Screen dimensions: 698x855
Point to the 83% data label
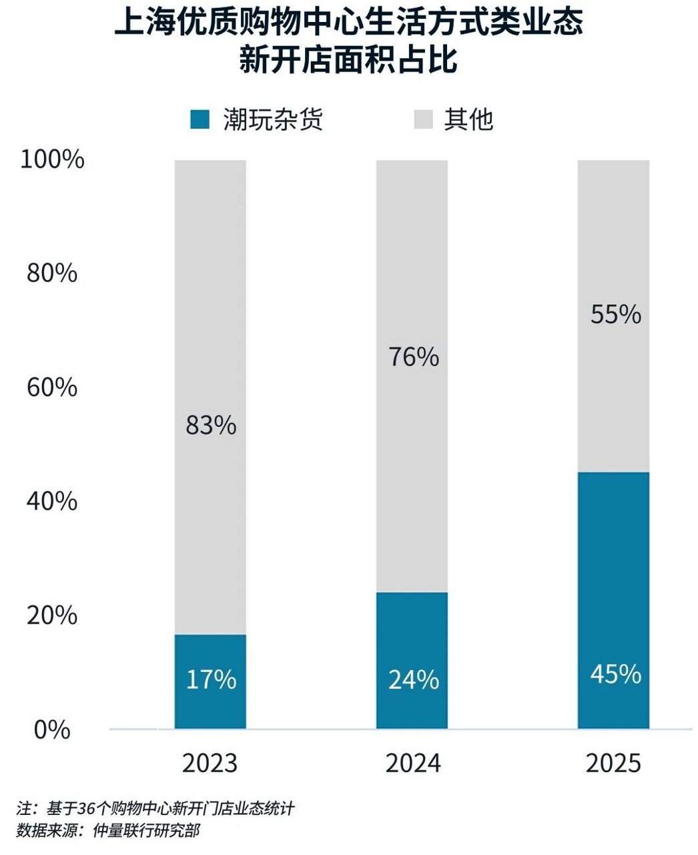coord(211,425)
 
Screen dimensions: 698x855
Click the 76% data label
coord(414,357)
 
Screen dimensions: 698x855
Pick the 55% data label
coord(616,314)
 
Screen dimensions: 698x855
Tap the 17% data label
coord(211,679)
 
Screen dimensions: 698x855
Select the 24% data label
coord(414,679)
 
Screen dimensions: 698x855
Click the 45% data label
coord(616,674)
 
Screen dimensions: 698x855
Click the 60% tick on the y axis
coord(52,387)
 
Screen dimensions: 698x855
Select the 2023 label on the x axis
coord(210,763)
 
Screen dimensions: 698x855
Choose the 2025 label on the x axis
coord(613,763)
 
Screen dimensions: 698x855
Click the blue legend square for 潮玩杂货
coord(200,120)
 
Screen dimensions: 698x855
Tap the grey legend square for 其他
coord(423,120)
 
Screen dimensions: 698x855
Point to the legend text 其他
coord(468,120)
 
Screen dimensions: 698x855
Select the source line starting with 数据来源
coord(108,831)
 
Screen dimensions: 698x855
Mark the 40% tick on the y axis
coord(52,501)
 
